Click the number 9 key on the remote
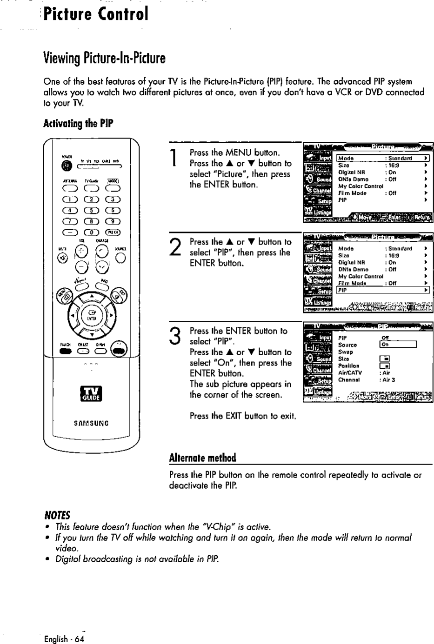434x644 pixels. (x=113, y=221)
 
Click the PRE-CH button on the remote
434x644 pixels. (x=113, y=232)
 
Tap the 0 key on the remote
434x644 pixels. (x=91, y=232)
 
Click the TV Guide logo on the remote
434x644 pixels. (x=91, y=393)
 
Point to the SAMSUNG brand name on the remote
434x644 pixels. (x=91, y=423)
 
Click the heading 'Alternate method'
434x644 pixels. (x=202, y=458)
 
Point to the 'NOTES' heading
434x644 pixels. (x=57, y=515)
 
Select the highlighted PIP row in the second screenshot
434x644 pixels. (x=381, y=290)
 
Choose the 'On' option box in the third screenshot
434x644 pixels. (x=398, y=345)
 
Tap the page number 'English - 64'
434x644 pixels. (x=64, y=639)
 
